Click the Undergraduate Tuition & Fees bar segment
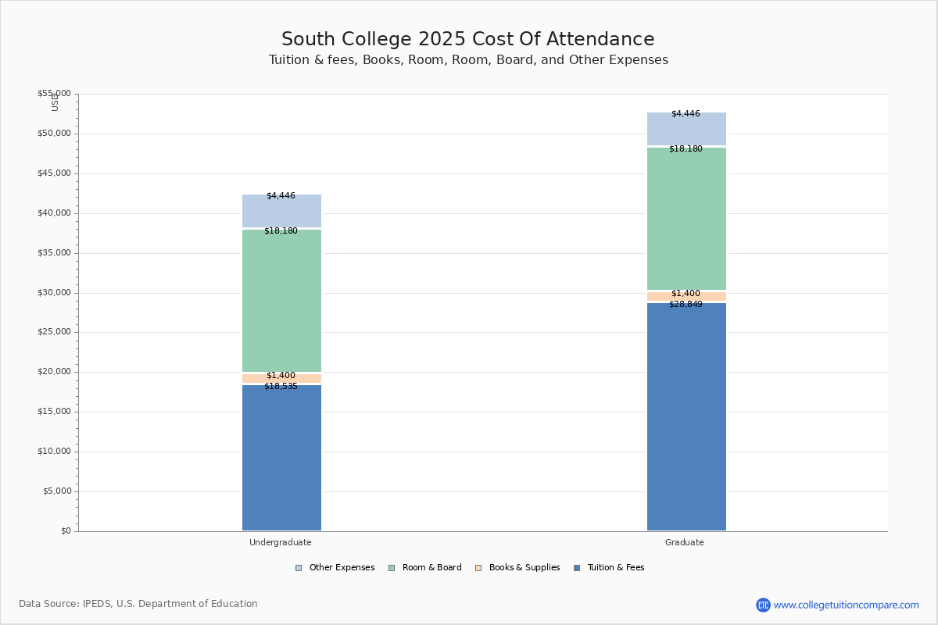(281, 461)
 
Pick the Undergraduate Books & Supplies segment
(281, 379)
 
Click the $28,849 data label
(686, 305)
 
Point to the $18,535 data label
(281, 387)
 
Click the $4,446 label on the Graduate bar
(686, 114)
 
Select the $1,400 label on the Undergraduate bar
(281, 376)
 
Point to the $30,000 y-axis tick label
(54, 293)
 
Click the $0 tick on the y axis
(65, 531)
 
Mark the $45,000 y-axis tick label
(54, 173)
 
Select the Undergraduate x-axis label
(281, 542)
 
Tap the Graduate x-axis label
(685, 542)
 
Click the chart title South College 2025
(467, 40)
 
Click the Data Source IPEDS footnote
(138, 604)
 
